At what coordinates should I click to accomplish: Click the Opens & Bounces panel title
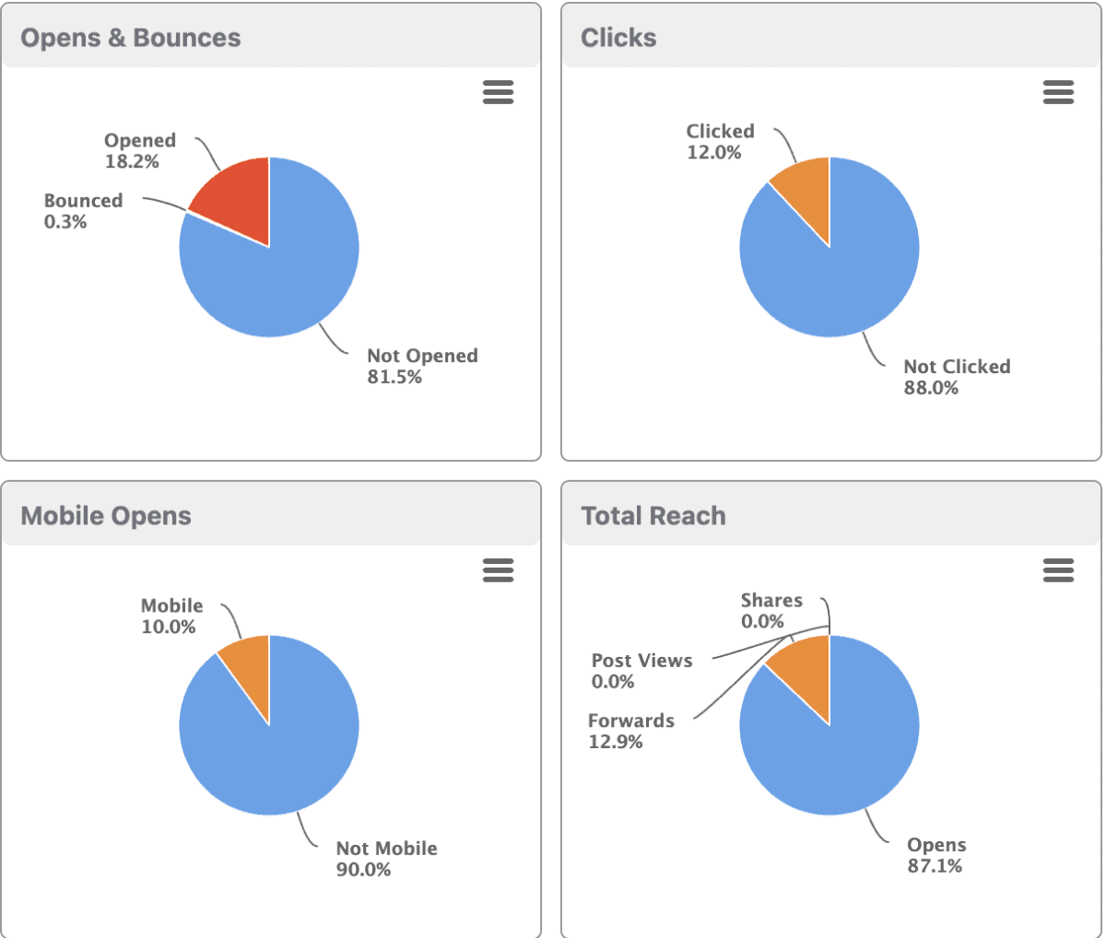click(131, 38)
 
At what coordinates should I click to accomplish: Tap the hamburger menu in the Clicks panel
click(1058, 92)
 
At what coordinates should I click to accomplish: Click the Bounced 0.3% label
click(83, 211)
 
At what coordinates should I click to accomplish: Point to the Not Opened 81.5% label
click(422, 366)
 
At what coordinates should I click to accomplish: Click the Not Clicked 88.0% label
click(957, 377)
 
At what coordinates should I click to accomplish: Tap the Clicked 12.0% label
click(720, 142)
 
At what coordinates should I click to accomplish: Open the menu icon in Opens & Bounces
click(498, 92)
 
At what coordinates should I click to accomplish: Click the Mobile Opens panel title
click(106, 516)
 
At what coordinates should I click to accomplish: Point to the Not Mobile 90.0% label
click(386, 859)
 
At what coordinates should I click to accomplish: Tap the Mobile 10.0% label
click(171, 616)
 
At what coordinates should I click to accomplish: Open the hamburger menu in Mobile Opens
click(498, 570)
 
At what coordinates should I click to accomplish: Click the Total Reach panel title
click(653, 516)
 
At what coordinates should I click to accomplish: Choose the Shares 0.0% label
click(771, 611)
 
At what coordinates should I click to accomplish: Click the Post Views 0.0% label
click(641, 671)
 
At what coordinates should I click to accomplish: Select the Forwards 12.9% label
click(631, 731)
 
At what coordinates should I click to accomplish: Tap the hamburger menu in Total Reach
click(1058, 570)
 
